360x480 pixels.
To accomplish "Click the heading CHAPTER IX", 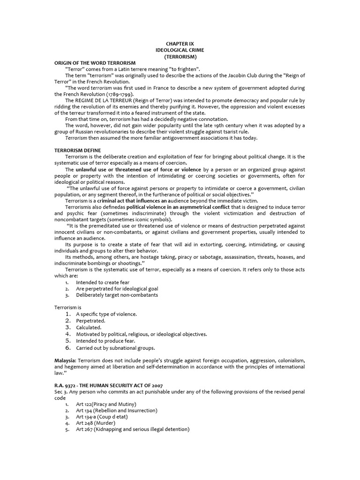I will tap(180, 43).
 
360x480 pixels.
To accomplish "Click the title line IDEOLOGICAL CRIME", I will tap(180, 50).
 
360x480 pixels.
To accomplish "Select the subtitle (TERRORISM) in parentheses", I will tap(180, 56).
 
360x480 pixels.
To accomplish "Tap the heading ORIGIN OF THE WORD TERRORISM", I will tap(95, 63).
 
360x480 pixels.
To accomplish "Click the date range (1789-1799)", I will tap(127, 94).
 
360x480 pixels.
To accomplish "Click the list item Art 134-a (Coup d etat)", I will tap(102, 417).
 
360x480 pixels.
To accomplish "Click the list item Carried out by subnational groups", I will tap(115, 348).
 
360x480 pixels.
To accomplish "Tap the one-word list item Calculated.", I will tap(89, 327).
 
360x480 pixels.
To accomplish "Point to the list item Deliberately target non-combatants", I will tap(117, 295).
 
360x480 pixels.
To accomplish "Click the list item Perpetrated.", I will tap(90, 321).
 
